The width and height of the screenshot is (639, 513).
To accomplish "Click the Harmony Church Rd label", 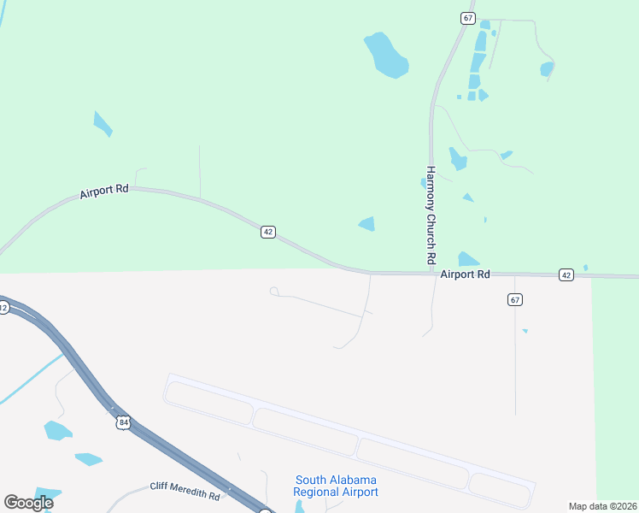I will point(431,215).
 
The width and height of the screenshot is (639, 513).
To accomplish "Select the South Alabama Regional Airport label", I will point(336,486).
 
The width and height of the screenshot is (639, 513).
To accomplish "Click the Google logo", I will point(28,502).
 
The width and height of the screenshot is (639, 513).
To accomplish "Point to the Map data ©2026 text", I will point(603,506).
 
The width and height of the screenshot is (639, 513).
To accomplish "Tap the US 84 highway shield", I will point(125,422).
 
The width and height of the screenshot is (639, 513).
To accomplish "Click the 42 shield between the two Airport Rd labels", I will point(268,233).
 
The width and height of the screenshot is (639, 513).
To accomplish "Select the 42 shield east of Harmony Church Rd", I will point(566,274).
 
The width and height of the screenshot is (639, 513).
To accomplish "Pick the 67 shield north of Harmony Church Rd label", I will point(467,18).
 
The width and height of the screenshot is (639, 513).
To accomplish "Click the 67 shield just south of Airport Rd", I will point(514,299).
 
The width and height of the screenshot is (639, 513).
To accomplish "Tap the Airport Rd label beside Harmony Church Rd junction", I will point(466,274).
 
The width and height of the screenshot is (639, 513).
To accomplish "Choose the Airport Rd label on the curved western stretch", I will point(104,192).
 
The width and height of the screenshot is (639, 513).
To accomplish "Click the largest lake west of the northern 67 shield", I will point(385,55).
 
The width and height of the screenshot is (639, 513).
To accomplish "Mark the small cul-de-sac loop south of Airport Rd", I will point(273,292).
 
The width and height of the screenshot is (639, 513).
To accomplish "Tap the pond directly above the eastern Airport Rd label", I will point(468,259).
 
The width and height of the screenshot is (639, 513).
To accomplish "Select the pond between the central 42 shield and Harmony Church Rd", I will point(367,224).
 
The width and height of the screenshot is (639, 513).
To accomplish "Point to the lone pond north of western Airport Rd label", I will point(103,124).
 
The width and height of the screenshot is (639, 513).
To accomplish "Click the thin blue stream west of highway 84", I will point(30,380).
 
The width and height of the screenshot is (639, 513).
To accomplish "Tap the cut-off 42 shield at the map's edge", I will point(3,308).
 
